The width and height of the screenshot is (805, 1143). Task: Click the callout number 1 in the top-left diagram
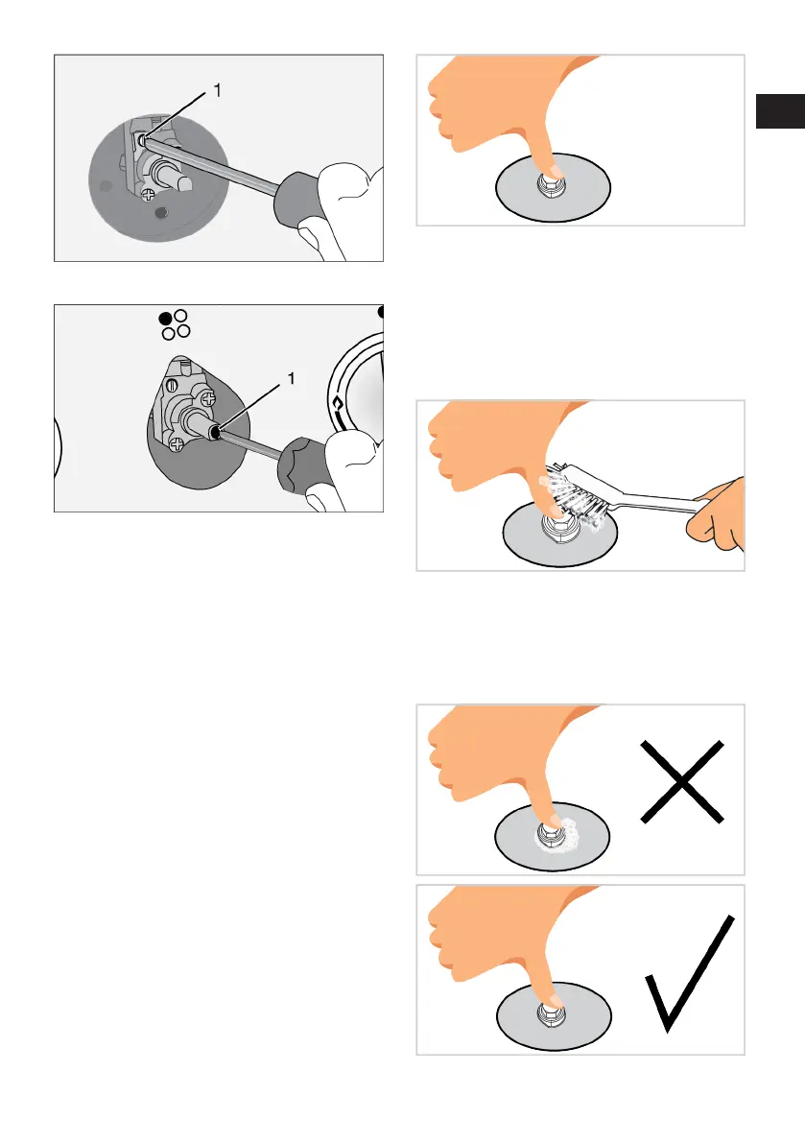(217, 90)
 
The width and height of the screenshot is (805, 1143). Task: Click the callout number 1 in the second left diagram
(292, 378)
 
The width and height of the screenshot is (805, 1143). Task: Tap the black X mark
(682, 782)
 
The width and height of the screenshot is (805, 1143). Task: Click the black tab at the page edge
(780, 110)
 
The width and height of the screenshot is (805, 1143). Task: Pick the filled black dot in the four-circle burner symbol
(165, 319)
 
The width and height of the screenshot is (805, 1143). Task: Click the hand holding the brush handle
(718, 513)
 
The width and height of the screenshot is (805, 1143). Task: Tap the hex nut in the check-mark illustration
(549, 1012)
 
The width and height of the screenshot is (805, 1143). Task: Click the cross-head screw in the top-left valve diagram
(148, 194)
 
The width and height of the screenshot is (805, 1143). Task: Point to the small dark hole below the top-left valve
(162, 213)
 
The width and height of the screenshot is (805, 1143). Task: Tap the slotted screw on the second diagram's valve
(173, 385)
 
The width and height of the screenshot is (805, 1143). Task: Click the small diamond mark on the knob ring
(338, 403)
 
